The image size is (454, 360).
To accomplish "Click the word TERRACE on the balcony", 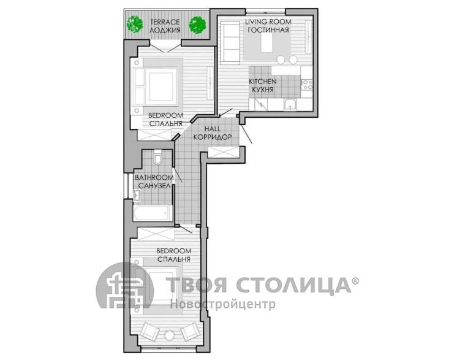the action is (x=165, y=21).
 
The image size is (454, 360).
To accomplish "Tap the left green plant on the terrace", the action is (x=135, y=24).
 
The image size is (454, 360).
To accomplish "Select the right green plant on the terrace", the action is (x=197, y=25).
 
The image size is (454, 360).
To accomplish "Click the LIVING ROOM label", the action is (x=268, y=21).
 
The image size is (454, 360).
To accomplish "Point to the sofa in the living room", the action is (x=230, y=43).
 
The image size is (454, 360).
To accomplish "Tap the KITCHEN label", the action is (x=263, y=82).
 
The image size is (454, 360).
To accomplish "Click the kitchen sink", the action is (x=290, y=105).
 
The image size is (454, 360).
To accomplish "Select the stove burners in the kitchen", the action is (x=307, y=85).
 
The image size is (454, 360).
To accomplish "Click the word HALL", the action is (x=212, y=128).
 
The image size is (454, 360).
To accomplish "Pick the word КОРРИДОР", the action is (x=213, y=137).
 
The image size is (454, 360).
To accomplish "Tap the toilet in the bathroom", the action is (x=158, y=157).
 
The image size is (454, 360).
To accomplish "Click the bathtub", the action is (x=151, y=213).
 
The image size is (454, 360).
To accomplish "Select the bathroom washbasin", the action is (x=137, y=195).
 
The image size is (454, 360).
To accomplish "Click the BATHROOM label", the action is (x=154, y=177).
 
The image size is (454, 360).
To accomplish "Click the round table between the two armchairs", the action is (x=169, y=335).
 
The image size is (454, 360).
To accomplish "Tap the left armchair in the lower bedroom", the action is (x=149, y=332).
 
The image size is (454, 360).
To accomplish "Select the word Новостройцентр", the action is (x=222, y=304).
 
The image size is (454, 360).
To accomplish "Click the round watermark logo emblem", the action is (x=125, y=286).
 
